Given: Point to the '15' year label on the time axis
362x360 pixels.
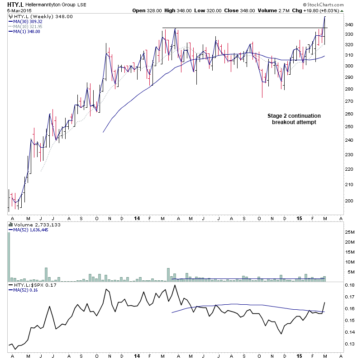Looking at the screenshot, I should [299, 218].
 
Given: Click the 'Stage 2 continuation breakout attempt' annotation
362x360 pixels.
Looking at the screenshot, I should [294, 119].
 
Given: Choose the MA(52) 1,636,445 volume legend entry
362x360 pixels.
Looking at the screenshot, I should [32, 230].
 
